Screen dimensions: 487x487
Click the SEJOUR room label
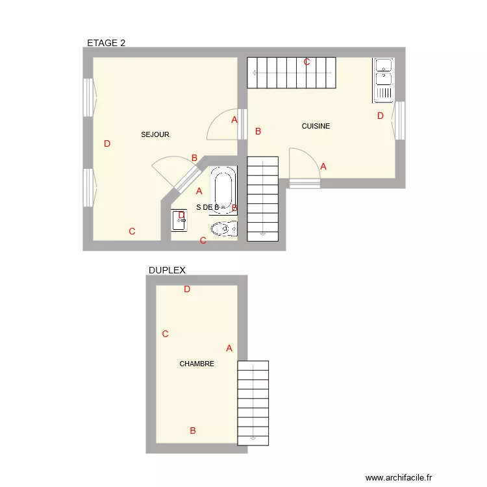coord(155,134)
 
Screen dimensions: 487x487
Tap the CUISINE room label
coord(316,126)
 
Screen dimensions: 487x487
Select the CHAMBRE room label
coord(197,364)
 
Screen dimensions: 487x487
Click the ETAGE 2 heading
coord(106,43)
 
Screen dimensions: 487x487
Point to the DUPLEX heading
coord(167,270)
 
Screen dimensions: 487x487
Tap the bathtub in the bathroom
coord(224,190)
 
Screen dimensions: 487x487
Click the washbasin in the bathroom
coord(179,220)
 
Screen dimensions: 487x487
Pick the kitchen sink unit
coord(383,81)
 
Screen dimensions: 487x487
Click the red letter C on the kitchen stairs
coord(306,62)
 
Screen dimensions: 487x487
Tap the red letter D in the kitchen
coord(381,116)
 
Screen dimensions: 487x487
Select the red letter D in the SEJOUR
coord(107,144)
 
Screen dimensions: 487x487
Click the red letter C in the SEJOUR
coord(132,231)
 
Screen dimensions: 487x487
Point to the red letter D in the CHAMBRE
coord(187,290)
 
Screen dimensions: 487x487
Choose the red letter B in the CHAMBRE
coord(193,431)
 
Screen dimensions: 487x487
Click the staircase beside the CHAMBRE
coord(253,403)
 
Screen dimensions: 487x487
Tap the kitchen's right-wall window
coord(400,120)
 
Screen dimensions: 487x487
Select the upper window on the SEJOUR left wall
coord(88,98)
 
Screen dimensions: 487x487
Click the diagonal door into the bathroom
coord(186,179)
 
